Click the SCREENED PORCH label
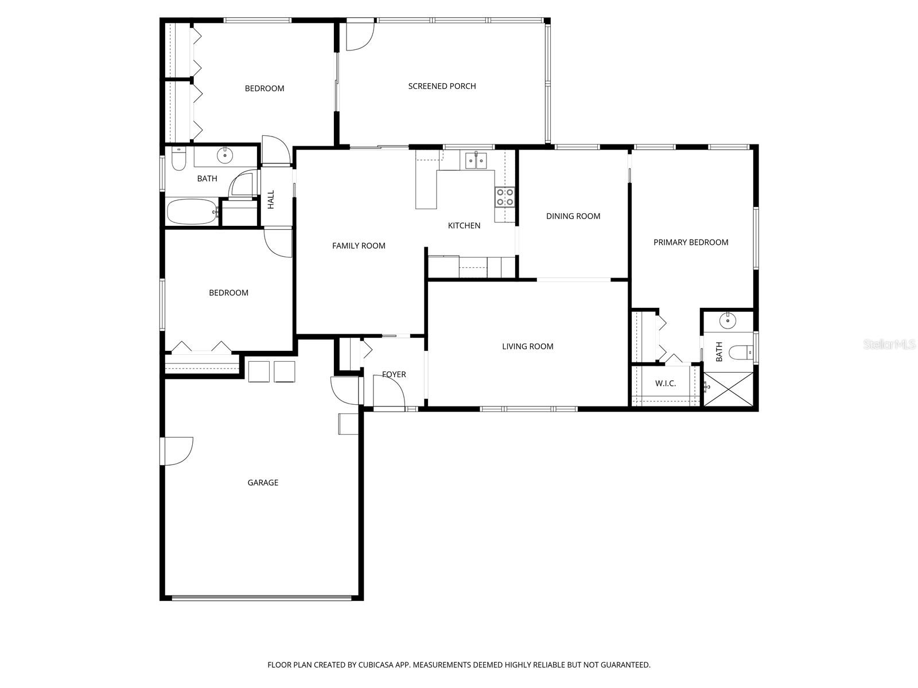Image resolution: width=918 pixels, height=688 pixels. (x=442, y=86)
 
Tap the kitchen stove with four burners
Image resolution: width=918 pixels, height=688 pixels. (x=505, y=197)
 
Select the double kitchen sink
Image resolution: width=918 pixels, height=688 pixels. (x=476, y=161)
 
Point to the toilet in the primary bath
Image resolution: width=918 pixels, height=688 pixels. (x=740, y=351)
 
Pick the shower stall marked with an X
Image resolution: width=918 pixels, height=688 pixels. (x=728, y=389)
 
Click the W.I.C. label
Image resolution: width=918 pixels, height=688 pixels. (x=665, y=383)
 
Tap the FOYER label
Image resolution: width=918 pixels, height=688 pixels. (x=394, y=374)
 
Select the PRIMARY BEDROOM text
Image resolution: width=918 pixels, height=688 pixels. (x=691, y=242)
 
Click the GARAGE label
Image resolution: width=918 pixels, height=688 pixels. (x=263, y=483)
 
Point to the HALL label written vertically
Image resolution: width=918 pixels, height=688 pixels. (x=271, y=199)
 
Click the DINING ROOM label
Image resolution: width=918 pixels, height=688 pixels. (x=573, y=216)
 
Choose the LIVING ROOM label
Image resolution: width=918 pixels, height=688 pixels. (x=527, y=346)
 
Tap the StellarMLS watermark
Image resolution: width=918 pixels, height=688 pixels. (x=889, y=345)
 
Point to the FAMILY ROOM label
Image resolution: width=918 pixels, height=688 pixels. (x=359, y=245)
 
